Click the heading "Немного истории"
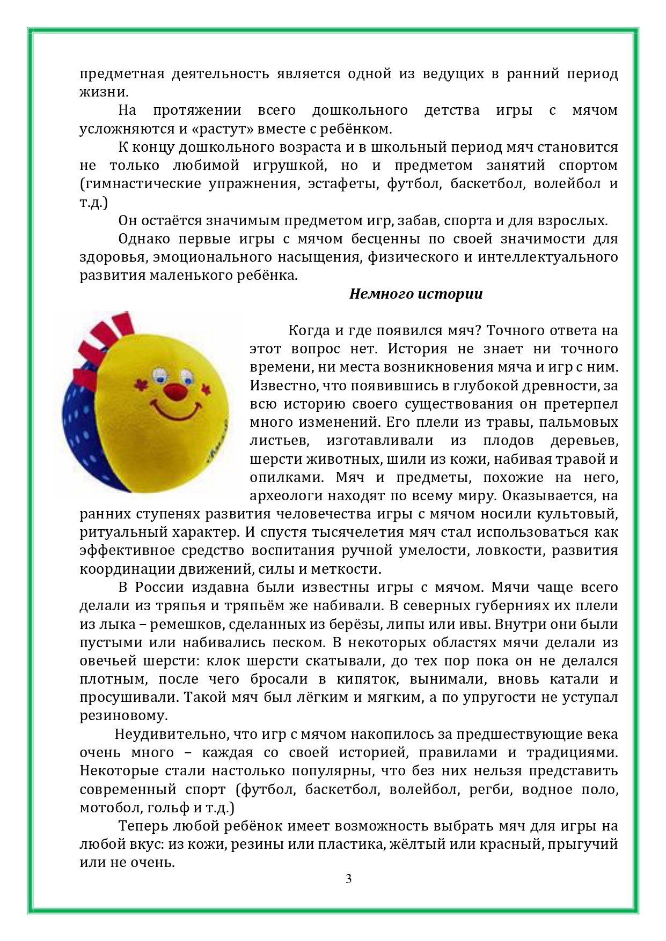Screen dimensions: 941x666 (x=416, y=294)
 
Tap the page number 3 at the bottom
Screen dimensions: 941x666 (x=348, y=879)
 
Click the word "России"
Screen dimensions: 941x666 (x=159, y=587)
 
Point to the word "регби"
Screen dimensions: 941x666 (x=487, y=789)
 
